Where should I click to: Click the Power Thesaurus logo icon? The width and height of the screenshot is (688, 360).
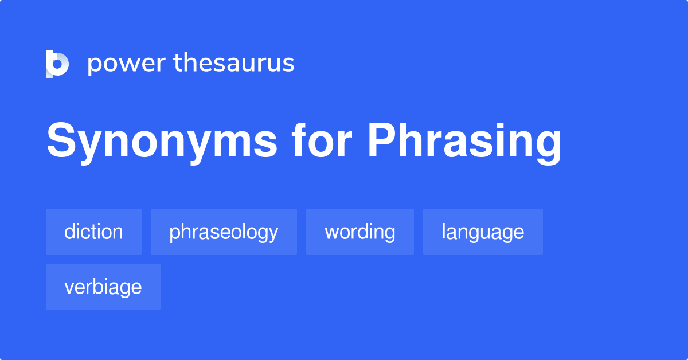[57, 64]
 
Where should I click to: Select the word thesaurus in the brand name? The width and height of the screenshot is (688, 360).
[234, 63]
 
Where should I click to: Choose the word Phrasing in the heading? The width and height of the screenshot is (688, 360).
[464, 142]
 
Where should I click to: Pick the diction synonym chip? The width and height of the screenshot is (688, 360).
[93, 232]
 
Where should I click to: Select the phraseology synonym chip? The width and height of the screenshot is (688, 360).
[224, 232]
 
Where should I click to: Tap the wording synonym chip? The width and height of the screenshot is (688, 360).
[359, 232]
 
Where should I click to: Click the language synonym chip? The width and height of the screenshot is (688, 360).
[483, 232]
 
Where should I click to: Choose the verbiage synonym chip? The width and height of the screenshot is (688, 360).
[103, 287]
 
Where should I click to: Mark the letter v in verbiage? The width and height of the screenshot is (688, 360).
[69, 288]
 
